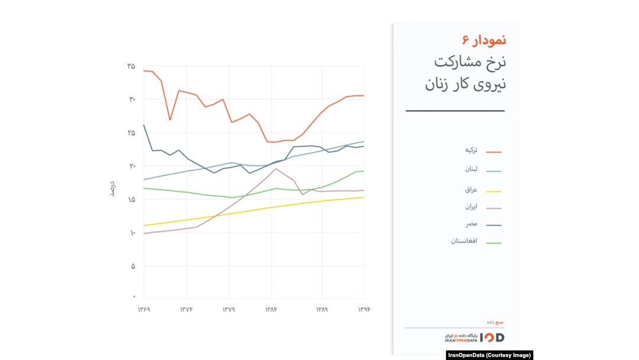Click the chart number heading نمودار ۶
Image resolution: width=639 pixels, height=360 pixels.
click(484, 40)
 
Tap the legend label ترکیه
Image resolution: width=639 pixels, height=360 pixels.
click(471, 150)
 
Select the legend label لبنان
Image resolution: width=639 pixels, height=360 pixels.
click(471, 169)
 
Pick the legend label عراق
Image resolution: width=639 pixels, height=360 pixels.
click(471, 189)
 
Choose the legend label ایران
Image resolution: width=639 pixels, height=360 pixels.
click(471, 207)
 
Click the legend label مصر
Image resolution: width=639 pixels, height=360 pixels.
click(472, 224)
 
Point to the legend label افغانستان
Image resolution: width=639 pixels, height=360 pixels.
click(464, 241)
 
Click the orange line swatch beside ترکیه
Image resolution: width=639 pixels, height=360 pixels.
click(494, 152)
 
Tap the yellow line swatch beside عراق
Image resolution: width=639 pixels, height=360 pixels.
click(494, 191)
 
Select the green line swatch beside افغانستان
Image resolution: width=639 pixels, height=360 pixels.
click(494, 243)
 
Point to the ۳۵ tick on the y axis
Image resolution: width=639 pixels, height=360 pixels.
click(131, 66)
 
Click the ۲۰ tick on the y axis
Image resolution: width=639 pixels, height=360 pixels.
click(131, 166)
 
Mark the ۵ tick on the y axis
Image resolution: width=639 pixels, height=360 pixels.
click(133, 266)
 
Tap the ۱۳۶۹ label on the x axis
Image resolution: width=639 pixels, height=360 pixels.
click(144, 310)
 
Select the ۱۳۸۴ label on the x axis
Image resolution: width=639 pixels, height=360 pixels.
click(271, 310)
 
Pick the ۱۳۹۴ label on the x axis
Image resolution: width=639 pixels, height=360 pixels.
click(364, 310)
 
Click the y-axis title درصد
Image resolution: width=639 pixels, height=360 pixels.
click(112, 189)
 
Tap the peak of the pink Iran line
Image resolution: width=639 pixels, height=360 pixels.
click(276, 169)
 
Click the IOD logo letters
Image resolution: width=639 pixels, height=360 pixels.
click(492, 337)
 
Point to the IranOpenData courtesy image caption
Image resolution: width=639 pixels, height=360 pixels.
click(489, 355)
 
